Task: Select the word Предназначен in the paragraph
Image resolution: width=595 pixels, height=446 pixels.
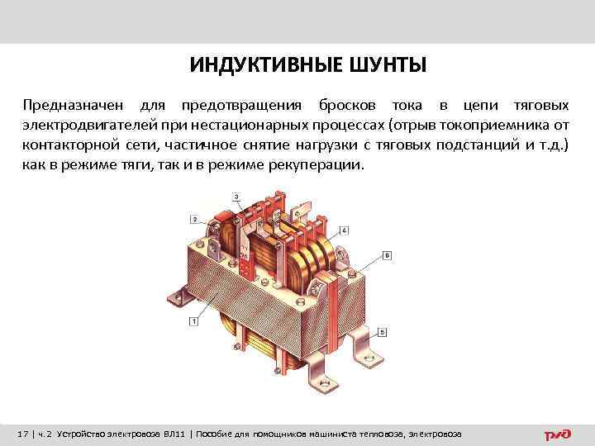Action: (x=74, y=107)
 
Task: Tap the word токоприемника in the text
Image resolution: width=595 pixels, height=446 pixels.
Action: (x=497, y=126)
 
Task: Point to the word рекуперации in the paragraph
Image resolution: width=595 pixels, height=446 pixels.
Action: (x=317, y=164)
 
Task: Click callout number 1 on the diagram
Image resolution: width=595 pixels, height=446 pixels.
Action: (x=193, y=320)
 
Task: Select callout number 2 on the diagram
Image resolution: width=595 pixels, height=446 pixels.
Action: (x=193, y=219)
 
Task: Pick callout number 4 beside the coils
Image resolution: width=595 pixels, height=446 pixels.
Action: (x=343, y=229)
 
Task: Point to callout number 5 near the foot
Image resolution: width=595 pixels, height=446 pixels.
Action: (x=383, y=332)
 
